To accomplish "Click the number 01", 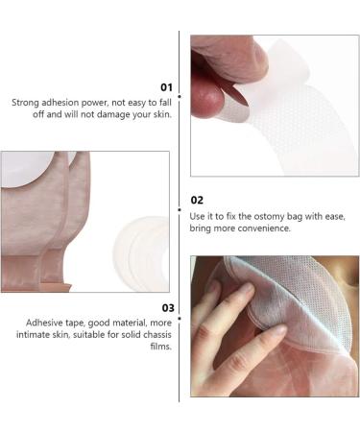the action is (166, 87).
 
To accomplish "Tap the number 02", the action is (197, 201).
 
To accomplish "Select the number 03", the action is (168, 308).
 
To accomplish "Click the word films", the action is (161, 347).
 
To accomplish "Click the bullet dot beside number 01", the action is (180, 96).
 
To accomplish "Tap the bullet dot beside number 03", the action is (180, 319).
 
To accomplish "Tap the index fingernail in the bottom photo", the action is (248, 290).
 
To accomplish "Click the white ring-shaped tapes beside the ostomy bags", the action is (142, 252).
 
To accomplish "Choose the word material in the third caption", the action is (129, 323).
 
